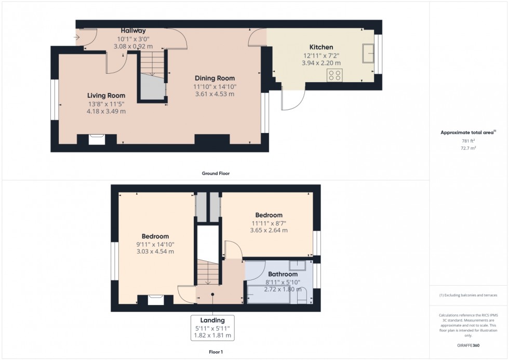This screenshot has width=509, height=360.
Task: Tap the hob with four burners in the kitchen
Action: [334, 75]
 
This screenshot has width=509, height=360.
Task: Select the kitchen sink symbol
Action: [369, 53]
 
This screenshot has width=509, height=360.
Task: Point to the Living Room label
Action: [106, 96]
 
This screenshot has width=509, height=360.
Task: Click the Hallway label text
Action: [133, 31]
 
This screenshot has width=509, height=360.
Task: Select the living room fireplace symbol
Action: [96, 139]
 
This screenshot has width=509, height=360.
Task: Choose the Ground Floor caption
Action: [216, 174]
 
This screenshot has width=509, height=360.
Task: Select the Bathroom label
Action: [283, 274]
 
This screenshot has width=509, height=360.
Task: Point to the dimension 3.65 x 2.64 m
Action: [269, 230]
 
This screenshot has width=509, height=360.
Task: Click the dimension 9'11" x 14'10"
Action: [155, 244]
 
